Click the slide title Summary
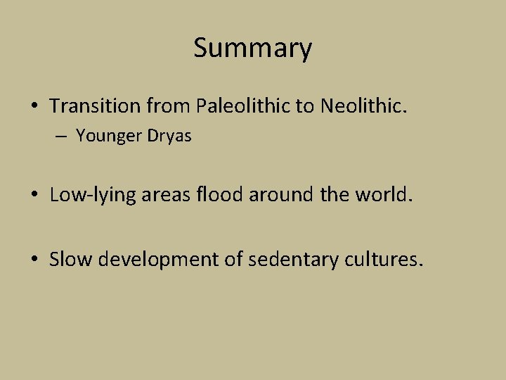coord(252,49)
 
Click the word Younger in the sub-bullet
coord(106,136)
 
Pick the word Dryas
coord(169,136)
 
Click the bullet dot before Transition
coord(34,106)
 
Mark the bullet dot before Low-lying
coord(34,195)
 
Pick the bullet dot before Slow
coord(34,260)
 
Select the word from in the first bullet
coord(169,106)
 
